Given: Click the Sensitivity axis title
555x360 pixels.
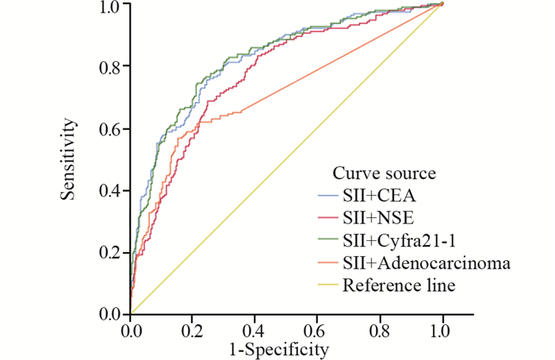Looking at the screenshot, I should [x=71, y=159].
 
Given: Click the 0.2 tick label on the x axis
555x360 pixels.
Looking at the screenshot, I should [x=193, y=329].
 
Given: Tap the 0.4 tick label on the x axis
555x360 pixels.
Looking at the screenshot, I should [x=255, y=329].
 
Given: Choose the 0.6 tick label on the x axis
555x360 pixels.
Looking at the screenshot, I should [x=317, y=329].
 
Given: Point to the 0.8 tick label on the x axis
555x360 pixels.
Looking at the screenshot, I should [x=380, y=329].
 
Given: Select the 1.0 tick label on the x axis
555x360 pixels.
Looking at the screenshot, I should [x=442, y=329].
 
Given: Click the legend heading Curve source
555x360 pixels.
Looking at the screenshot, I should [x=385, y=173].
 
